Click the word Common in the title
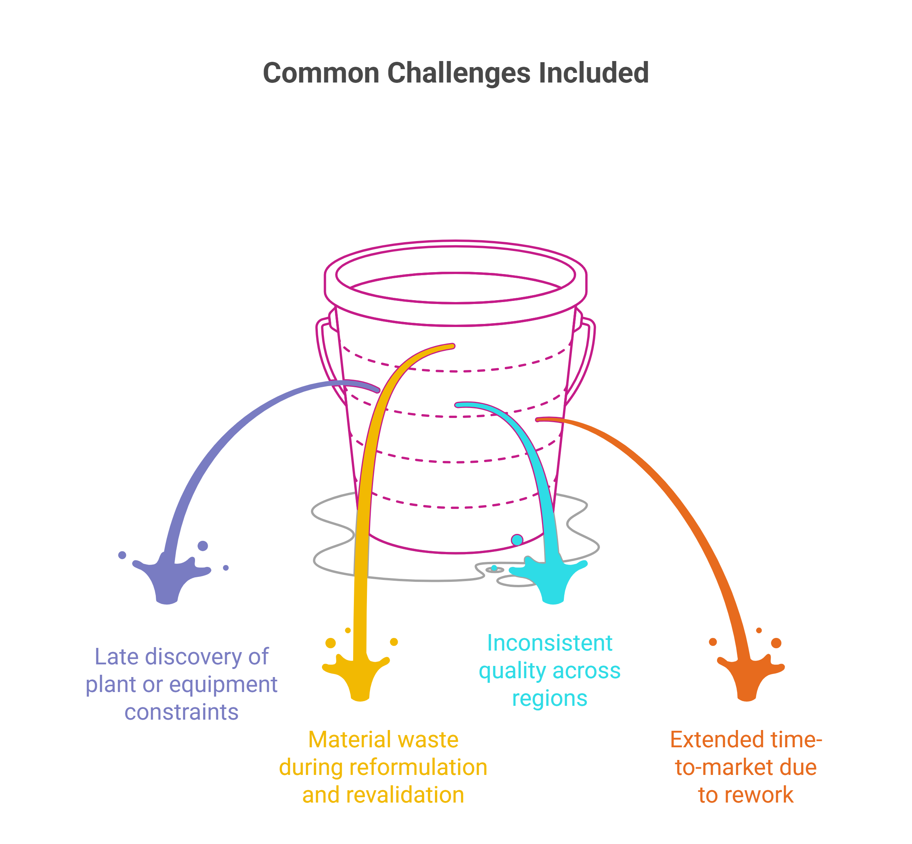321,73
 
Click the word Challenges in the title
459,73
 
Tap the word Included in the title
593,73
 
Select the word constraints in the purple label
181,712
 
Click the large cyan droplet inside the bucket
517,540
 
